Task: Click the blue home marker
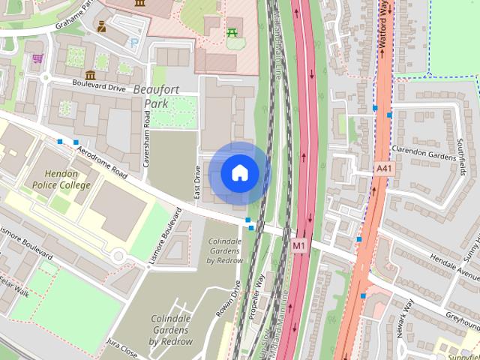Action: tap(239, 173)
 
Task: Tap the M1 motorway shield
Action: tap(299, 245)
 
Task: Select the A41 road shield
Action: tap(384, 170)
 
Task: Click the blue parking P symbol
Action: tap(134, 43)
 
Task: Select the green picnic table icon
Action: tap(232, 33)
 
